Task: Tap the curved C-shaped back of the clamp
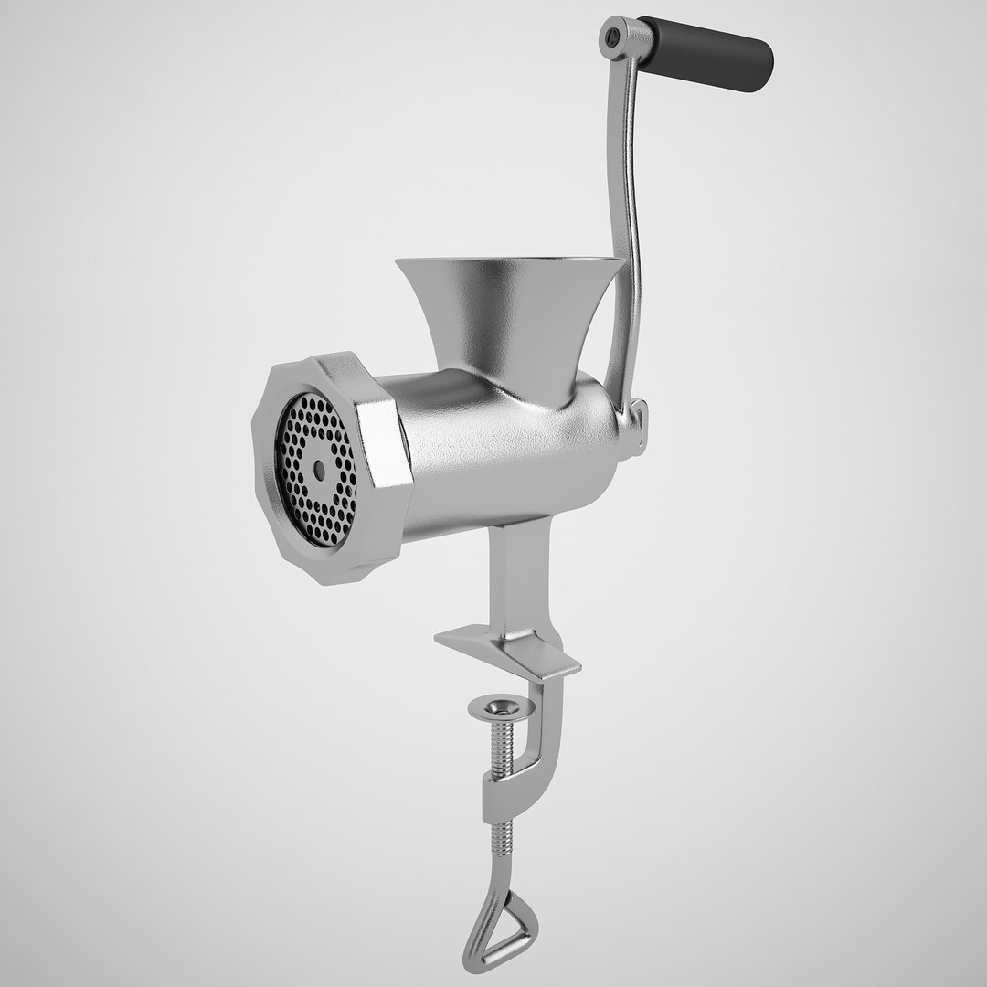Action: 548,731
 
